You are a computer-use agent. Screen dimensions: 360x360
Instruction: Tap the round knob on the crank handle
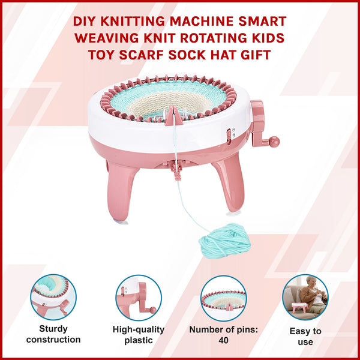[274, 142]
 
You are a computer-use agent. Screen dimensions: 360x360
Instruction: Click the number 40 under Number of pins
[223, 340]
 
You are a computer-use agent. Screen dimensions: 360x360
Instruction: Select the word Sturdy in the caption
[53, 329]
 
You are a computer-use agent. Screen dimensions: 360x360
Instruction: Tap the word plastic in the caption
[139, 340]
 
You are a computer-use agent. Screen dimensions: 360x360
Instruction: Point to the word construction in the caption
[53, 340]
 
